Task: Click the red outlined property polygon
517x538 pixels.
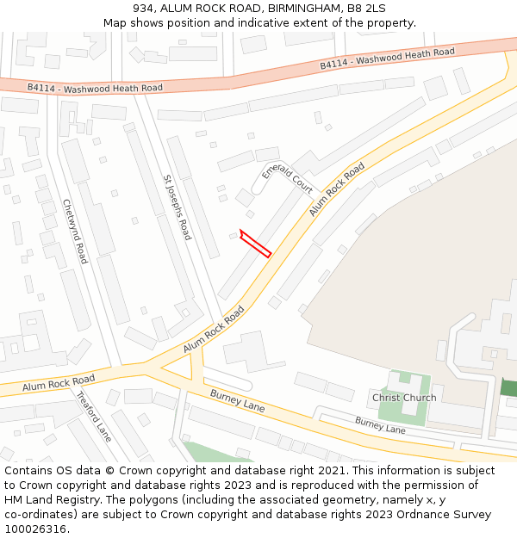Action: (255, 244)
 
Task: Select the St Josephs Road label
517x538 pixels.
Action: (177, 207)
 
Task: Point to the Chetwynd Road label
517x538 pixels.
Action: (75, 231)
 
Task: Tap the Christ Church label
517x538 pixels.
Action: (404, 398)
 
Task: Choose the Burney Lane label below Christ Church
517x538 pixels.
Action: (380, 424)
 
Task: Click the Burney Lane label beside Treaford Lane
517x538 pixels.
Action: (238, 400)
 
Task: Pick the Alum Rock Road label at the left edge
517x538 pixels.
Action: (59, 382)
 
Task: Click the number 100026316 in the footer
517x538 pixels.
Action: (37, 529)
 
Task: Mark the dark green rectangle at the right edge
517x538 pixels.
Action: (508, 387)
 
